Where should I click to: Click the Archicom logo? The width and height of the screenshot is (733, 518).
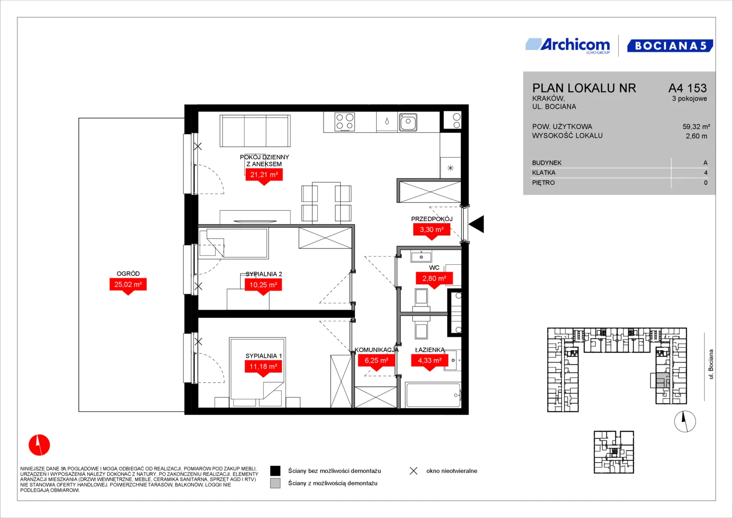(x=568, y=46)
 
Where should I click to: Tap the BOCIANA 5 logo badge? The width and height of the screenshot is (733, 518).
(x=670, y=46)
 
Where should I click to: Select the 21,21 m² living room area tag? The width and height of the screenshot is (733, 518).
(x=264, y=177)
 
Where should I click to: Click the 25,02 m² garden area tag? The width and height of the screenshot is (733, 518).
(x=128, y=286)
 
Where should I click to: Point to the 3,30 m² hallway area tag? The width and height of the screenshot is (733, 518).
(x=432, y=231)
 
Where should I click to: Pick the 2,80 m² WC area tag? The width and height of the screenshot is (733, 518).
(x=434, y=280)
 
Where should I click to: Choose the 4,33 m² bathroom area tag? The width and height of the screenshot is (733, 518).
(x=430, y=362)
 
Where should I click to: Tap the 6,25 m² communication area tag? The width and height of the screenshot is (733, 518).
(x=376, y=362)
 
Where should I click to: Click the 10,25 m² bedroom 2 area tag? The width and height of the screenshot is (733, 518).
(x=263, y=286)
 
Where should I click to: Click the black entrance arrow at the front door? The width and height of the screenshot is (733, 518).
(x=477, y=224)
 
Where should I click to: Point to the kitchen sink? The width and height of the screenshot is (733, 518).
(x=408, y=122)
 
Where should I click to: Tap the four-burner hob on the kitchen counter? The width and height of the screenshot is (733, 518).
(x=345, y=122)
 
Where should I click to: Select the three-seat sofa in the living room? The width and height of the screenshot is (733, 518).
(x=255, y=130)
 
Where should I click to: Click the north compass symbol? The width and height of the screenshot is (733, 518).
(x=685, y=422)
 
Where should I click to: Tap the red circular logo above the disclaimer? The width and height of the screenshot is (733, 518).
(x=39, y=445)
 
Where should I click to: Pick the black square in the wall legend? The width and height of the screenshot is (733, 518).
(x=275, y=471)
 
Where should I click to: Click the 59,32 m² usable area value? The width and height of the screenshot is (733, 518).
(x=696, y=127)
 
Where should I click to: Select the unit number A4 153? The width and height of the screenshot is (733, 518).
(x=687, y=88)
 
